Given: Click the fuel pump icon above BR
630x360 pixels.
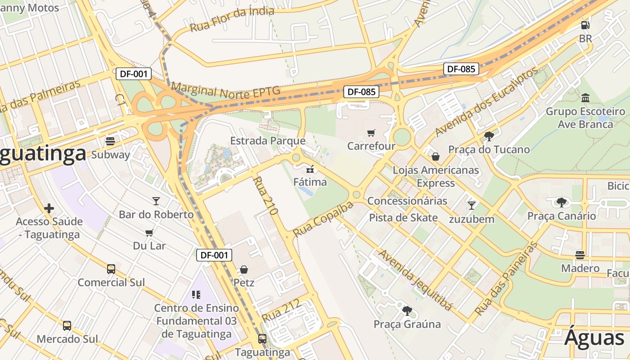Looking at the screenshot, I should coord(585,25).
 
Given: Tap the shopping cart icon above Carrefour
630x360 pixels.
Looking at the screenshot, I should coord(371,133).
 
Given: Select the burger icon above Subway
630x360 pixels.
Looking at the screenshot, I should coord(110,141).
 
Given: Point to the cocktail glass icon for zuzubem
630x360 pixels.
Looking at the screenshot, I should coord(471,206).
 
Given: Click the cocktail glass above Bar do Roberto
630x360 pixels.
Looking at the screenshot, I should coord(156,201).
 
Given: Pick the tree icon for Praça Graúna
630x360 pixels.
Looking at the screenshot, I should coord(407,310).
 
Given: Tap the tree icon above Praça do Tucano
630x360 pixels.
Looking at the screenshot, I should coord(489,136).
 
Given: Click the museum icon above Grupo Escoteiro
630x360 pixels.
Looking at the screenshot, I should coord(585,98).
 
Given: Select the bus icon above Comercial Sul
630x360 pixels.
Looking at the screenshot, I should coord(111,269).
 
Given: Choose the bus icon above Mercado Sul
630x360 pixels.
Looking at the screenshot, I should coord(67,325).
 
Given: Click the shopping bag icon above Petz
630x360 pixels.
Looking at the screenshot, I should coord(244,270).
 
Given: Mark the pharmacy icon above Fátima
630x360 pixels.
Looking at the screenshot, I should coord(310,169).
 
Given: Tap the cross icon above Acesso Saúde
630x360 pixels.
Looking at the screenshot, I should coord(49,208).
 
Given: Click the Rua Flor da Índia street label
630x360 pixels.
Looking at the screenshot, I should coord(232,19).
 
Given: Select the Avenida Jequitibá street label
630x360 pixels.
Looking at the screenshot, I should coord(414,279).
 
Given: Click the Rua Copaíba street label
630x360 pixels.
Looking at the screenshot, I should coord(323,220).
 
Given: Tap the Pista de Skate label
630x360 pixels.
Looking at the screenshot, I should coord(403,218).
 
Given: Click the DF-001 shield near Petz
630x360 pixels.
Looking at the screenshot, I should coord(214,255).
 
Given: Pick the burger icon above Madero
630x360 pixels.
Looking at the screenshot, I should coord(580,255).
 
